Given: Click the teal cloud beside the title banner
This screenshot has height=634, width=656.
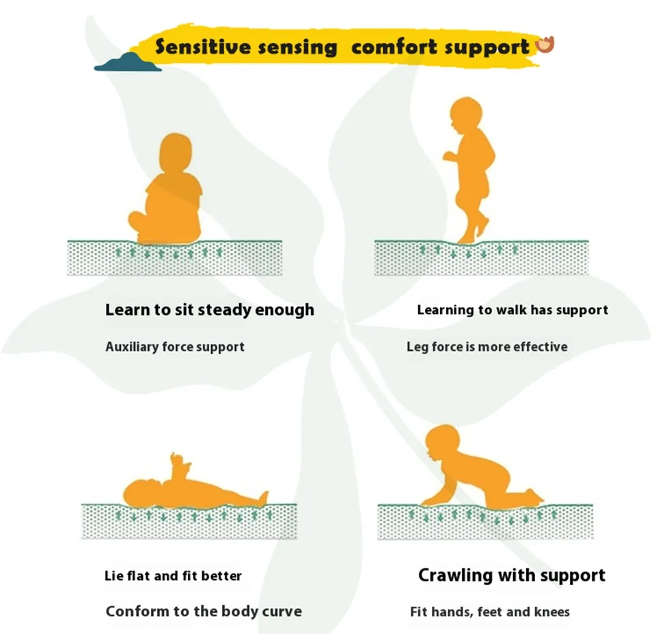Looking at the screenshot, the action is (128, 62).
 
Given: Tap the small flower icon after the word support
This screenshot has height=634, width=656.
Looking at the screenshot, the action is (545, 44).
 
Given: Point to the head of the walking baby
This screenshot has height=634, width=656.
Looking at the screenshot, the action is (466, 114).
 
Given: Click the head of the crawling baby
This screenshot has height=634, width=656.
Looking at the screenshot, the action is (442, 443).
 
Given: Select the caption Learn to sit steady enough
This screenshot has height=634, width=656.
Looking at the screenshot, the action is (210, 310).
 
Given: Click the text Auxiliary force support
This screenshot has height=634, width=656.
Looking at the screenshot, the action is (175, 346).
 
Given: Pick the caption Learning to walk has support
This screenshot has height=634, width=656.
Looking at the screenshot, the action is (512, 310).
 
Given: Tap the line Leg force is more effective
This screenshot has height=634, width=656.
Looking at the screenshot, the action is (487, 346).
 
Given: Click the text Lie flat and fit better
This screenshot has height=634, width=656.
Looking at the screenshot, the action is (173, 576).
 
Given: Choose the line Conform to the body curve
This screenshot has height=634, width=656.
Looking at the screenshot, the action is (204, 611).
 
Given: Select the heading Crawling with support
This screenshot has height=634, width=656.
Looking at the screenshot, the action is (512, 575).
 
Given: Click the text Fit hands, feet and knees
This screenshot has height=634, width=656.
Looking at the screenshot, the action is (490, 612).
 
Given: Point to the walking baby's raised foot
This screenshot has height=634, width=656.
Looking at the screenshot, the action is (482, 226).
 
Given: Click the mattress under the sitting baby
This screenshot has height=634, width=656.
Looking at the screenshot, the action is (174, 258).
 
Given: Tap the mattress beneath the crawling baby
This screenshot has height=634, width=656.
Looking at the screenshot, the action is (485, 521).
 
